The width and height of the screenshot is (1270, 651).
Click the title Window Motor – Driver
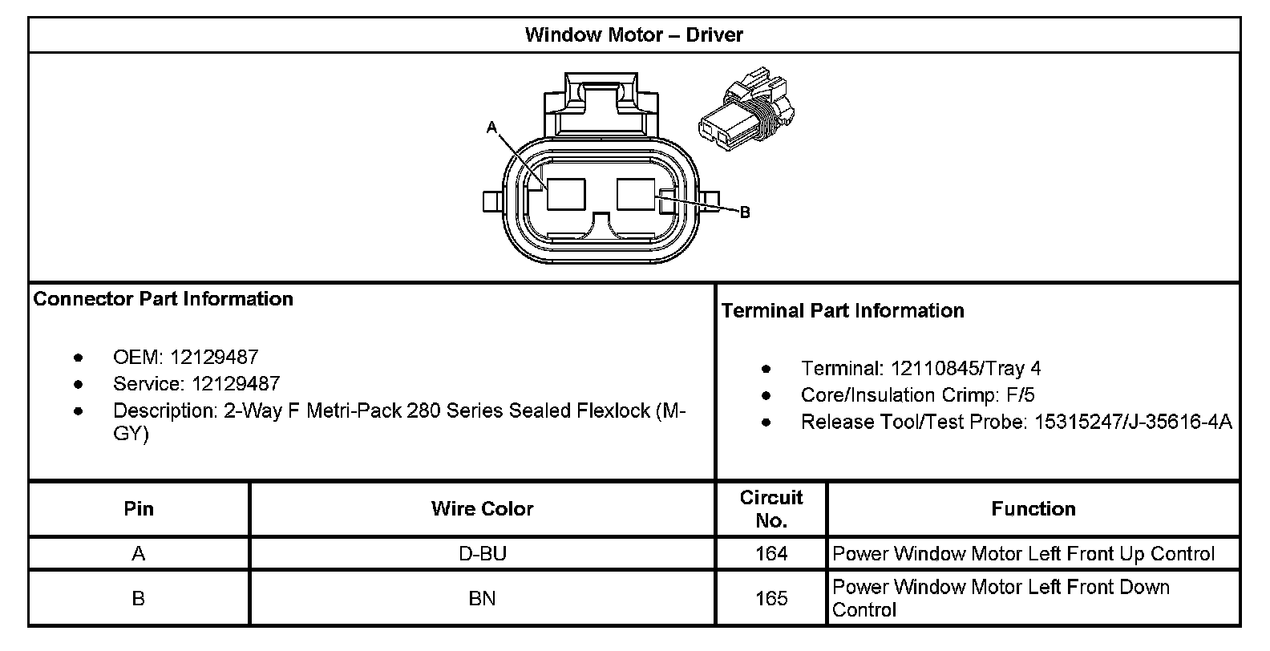pyautogui.click(x=633, y=34)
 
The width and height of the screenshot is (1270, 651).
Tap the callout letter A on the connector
pyautogui.click(x=491, y=127)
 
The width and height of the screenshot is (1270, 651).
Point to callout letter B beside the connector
pyautogui.click(x=745, y=212)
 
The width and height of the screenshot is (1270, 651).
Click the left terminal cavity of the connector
pyautogui.click(x=566, y=195)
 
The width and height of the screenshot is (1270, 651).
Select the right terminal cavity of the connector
pyautogui.click(x=636, y=195)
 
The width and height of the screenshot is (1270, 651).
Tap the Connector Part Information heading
pyautogui.click(x=164, y=299)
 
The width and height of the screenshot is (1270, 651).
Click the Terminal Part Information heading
pyautogui.click(x=843, y=311)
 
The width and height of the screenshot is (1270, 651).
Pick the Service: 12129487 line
pyautogui.click(x=196, y=383)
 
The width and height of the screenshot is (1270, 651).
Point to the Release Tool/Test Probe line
pyautogui.click(x=1016, y=422)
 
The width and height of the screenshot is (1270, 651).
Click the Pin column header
pyautogui.click(x=139, y=508)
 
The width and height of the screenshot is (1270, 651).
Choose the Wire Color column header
pyautogui.click(x=482, y=508)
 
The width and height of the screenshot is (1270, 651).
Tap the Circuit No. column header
pyautogui.click(x=770, y=508)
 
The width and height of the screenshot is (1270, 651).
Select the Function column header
pyautogui.click(x=1033, y=508)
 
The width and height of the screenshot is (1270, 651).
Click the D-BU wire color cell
pyautogui.click(x=482, y=553)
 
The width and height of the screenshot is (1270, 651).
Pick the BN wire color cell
pyautogui.click(x=482, y=598)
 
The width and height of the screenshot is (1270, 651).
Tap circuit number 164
pyautogui.click(x=770, y=553)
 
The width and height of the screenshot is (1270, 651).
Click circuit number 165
pyautogui.click(x=770, y=598)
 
